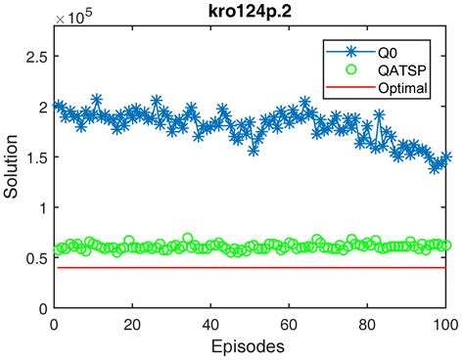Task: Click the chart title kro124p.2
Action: (x=250, y=12)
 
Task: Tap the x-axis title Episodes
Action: (x=248, y=346)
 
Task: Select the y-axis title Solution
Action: (x=11, y=166)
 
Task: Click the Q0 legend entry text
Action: (x=388, y=53)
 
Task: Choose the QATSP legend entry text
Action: (x=402, y=70)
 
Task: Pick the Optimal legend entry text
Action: (x=402, y=88)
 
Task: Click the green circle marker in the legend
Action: (x=350, y=69)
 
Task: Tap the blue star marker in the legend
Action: (x=351, y=52)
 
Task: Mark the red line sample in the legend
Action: (x=350, y=87)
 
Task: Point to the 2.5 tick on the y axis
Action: (x=37, y=57)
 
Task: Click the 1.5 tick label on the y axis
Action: (x=37, y=157)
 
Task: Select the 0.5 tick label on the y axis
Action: (x=37, y=258)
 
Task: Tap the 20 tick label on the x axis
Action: (x=132, y=325)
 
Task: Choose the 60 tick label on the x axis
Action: (x=289, y=325)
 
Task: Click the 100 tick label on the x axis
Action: (x=445, y=325)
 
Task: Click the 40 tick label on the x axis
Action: (x=210, y=325)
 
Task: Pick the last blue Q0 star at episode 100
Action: (x=445, y=157)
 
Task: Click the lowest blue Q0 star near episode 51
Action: (x=254, y=151)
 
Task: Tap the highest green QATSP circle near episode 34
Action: (x=187, y=239)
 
